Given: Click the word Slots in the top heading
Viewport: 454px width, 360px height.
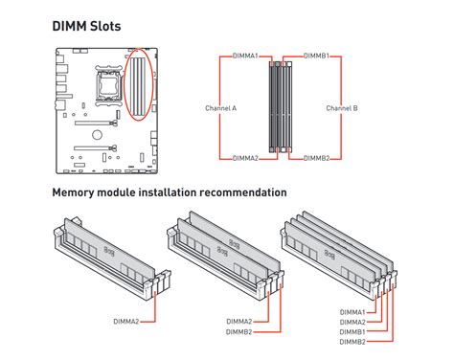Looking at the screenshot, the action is click(x=104, y=26).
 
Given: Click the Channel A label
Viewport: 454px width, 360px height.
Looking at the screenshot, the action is click(x=220, y=108).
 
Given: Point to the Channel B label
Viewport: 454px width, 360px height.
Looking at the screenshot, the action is click(x=342, y=108).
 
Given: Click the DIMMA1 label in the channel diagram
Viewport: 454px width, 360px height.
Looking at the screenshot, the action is click(x=245, y=56).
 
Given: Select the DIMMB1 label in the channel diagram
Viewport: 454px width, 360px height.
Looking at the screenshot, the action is click(x=316, y=56).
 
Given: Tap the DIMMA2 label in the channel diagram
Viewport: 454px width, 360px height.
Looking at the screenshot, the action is click(x=245, y=158).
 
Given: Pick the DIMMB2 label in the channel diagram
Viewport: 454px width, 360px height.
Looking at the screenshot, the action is click(x=316, y=158).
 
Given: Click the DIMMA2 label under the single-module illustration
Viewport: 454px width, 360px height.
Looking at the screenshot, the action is click(x=126, y=322).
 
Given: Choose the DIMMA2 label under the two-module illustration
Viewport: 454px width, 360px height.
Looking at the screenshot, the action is click(x=239, y=322).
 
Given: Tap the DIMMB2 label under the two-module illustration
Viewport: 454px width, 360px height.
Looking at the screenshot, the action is click(x=239, y=332).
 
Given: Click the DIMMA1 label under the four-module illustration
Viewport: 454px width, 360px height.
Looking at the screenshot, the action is click(x=352, y=312).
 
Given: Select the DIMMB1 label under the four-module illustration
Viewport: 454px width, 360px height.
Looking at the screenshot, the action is click(x=352, y=332).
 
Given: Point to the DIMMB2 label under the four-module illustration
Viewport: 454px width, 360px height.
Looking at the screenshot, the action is click(x=352, y=342).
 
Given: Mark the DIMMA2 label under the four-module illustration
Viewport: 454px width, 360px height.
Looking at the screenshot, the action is click(x=352, y=322).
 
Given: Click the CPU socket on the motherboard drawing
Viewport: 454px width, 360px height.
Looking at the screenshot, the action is click(x=109, y=84).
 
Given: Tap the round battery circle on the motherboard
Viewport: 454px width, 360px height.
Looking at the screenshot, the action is click(x=97, y=134).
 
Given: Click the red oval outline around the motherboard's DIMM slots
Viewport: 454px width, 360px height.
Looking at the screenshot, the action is click(x=125, y=84).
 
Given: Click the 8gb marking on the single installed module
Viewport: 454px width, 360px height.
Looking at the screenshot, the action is click(x=109, y=251).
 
